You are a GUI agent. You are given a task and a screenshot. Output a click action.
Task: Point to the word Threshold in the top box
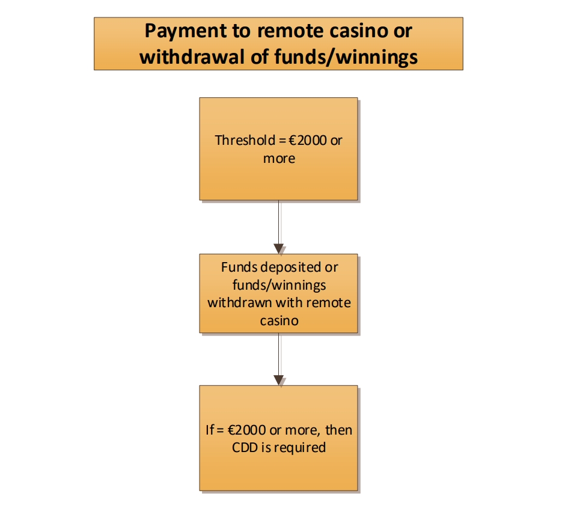point(240,141)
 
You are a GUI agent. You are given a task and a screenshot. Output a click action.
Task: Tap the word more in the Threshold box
point(279,159)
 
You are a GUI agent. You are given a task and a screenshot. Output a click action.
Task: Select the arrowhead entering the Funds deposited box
point(279,248)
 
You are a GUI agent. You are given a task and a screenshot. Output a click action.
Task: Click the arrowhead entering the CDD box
point(279,380)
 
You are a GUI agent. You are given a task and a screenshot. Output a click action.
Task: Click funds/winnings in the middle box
point(279,284)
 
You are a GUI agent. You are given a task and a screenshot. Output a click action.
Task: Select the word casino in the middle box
point(279,320)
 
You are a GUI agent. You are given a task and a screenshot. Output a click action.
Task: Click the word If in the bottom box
point(209,430)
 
